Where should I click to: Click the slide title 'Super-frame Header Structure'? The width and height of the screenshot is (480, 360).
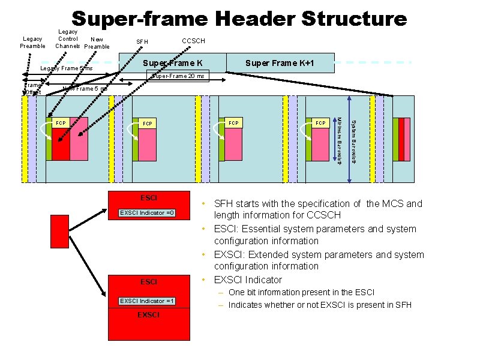(x=239, y=19)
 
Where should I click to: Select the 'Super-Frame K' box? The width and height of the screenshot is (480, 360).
(x=173, y=63)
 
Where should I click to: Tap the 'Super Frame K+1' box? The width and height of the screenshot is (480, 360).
(x=279, y=63)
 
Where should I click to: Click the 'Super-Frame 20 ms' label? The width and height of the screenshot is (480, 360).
(x=178, y=76)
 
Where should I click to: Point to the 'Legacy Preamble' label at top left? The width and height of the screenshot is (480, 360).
(x=32, y=43)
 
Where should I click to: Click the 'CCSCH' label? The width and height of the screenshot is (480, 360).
(x=193, y=41)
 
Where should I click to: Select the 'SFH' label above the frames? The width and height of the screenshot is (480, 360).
(x=142, y=41)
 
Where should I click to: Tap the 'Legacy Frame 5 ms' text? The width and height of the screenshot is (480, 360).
(x=66, y=69)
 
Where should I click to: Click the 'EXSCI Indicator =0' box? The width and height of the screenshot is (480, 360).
(x=148, y=213)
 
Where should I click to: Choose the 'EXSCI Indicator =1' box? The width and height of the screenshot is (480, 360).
(x=148, y=300)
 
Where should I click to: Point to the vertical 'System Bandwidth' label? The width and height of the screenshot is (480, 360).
(x=353, y=142)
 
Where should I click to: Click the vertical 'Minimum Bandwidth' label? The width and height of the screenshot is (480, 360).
(x=340, y=142)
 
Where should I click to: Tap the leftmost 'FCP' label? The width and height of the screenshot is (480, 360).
(x=60, y=124)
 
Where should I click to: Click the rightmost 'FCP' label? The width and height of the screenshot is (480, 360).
(x=321, y=124)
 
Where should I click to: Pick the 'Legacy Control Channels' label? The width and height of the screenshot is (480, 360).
(x=67, y=38)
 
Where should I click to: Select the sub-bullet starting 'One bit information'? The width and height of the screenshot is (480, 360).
(x=301, y=292)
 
